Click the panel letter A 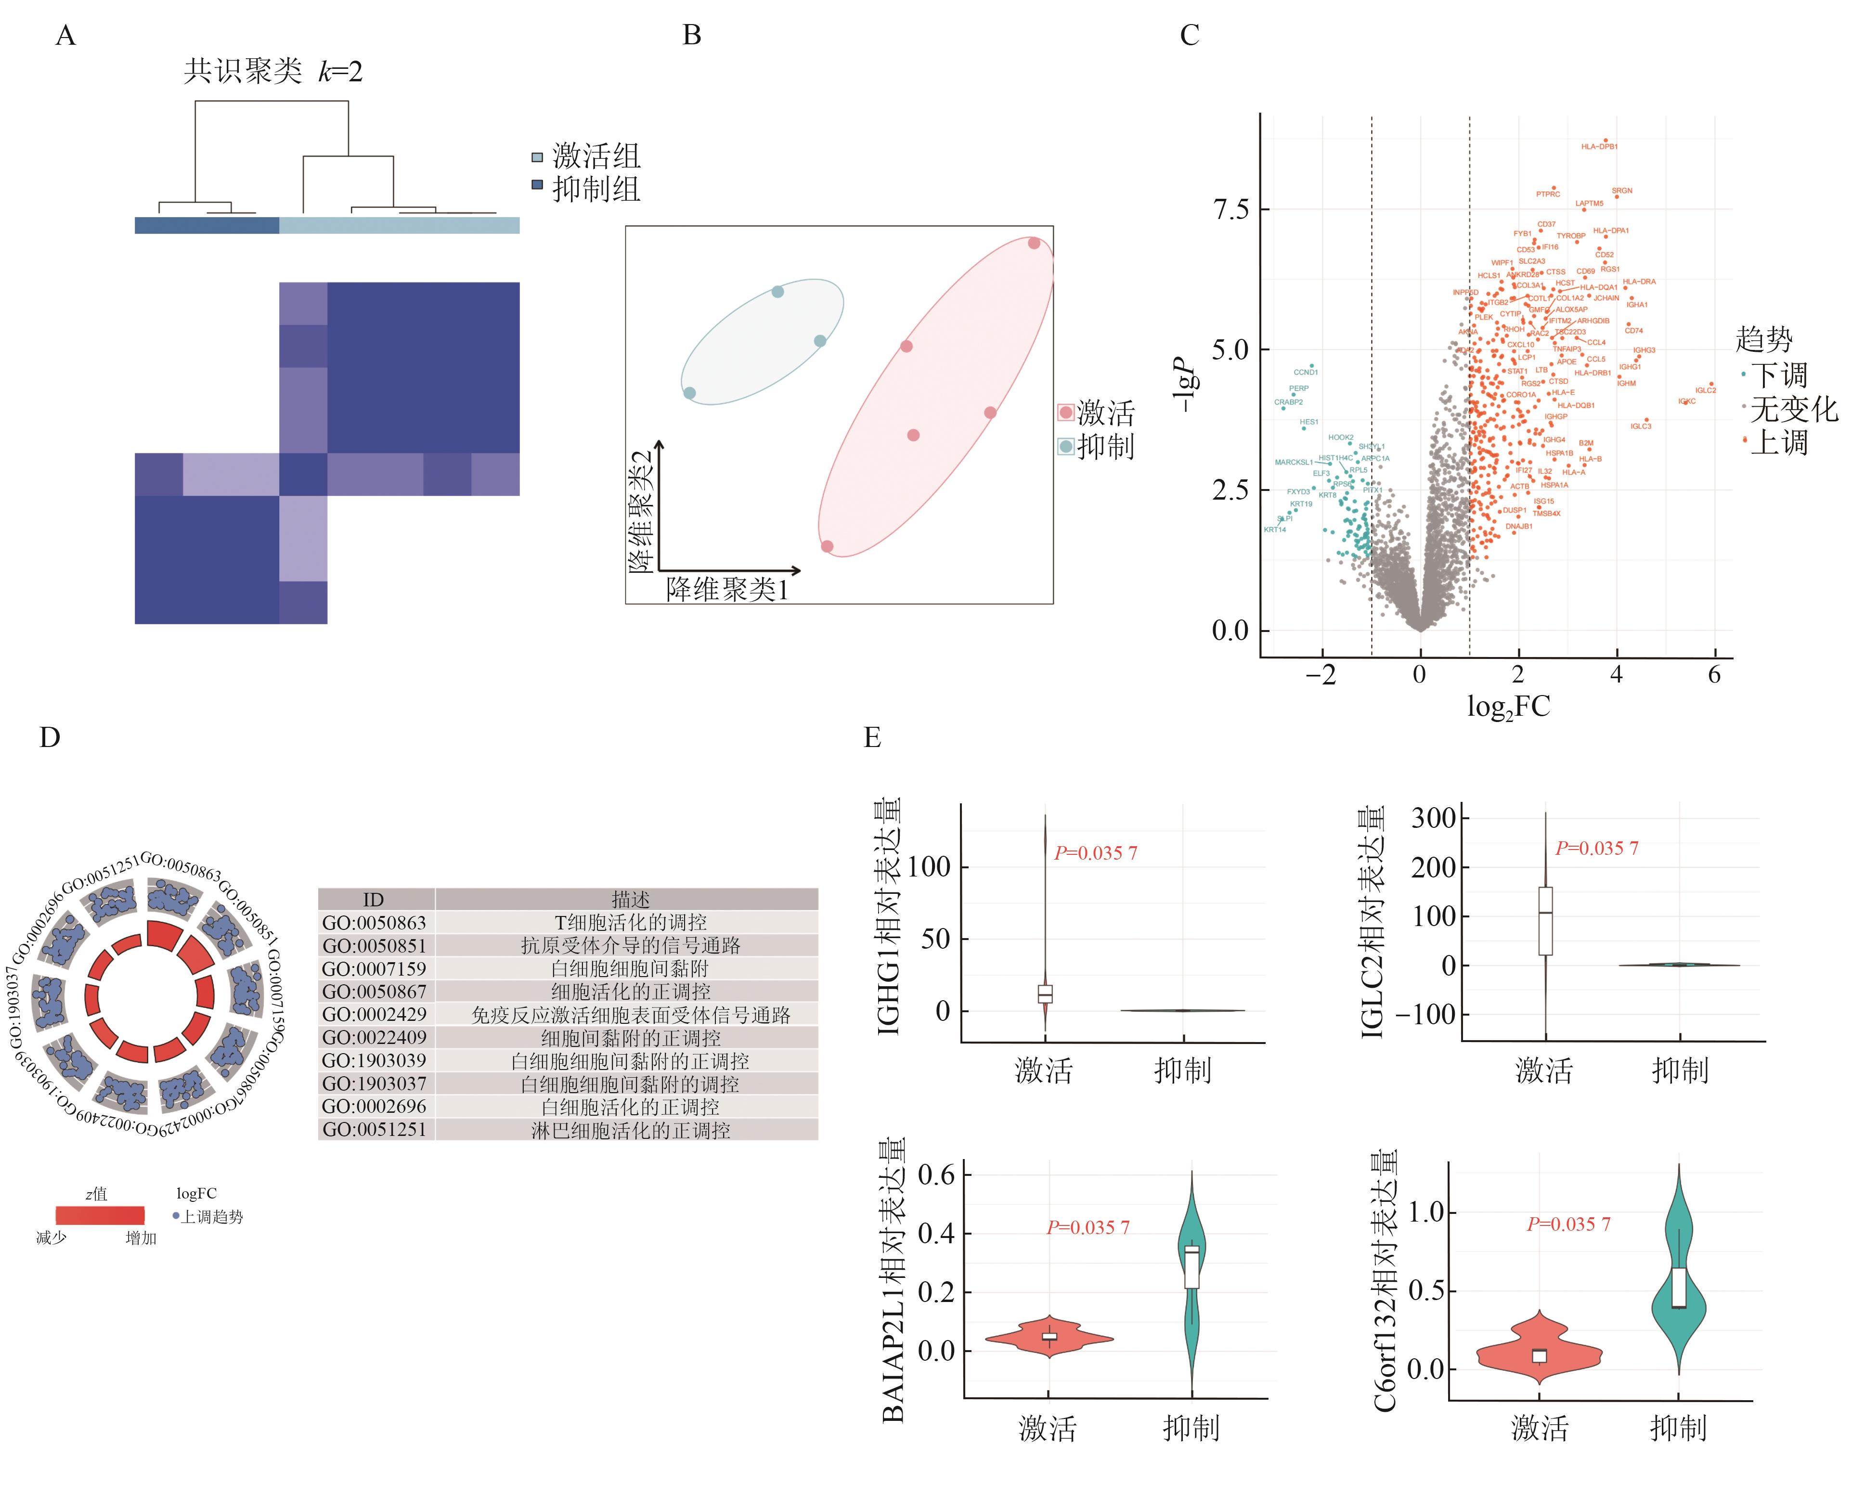coord(65,36)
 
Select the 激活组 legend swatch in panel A coord(538,157)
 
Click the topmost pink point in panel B coord(1034,244)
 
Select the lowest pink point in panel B coord(827,546)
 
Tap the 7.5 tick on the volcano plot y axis coord(1230,209)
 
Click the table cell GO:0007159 coord(374,969)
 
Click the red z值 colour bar coord(100,1215)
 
